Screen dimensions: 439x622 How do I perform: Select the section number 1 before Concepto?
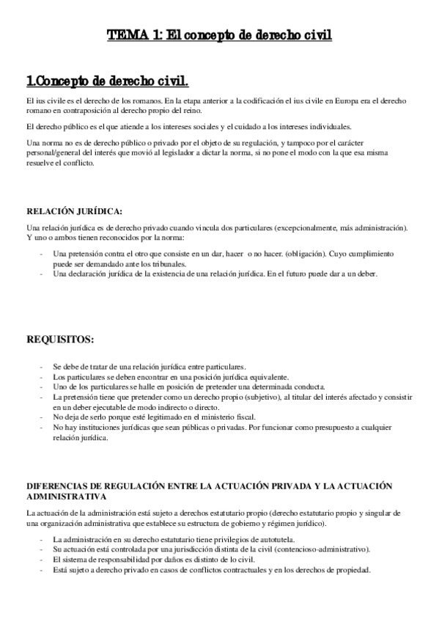(29, 79)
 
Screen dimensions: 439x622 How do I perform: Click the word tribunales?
(167, 263)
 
